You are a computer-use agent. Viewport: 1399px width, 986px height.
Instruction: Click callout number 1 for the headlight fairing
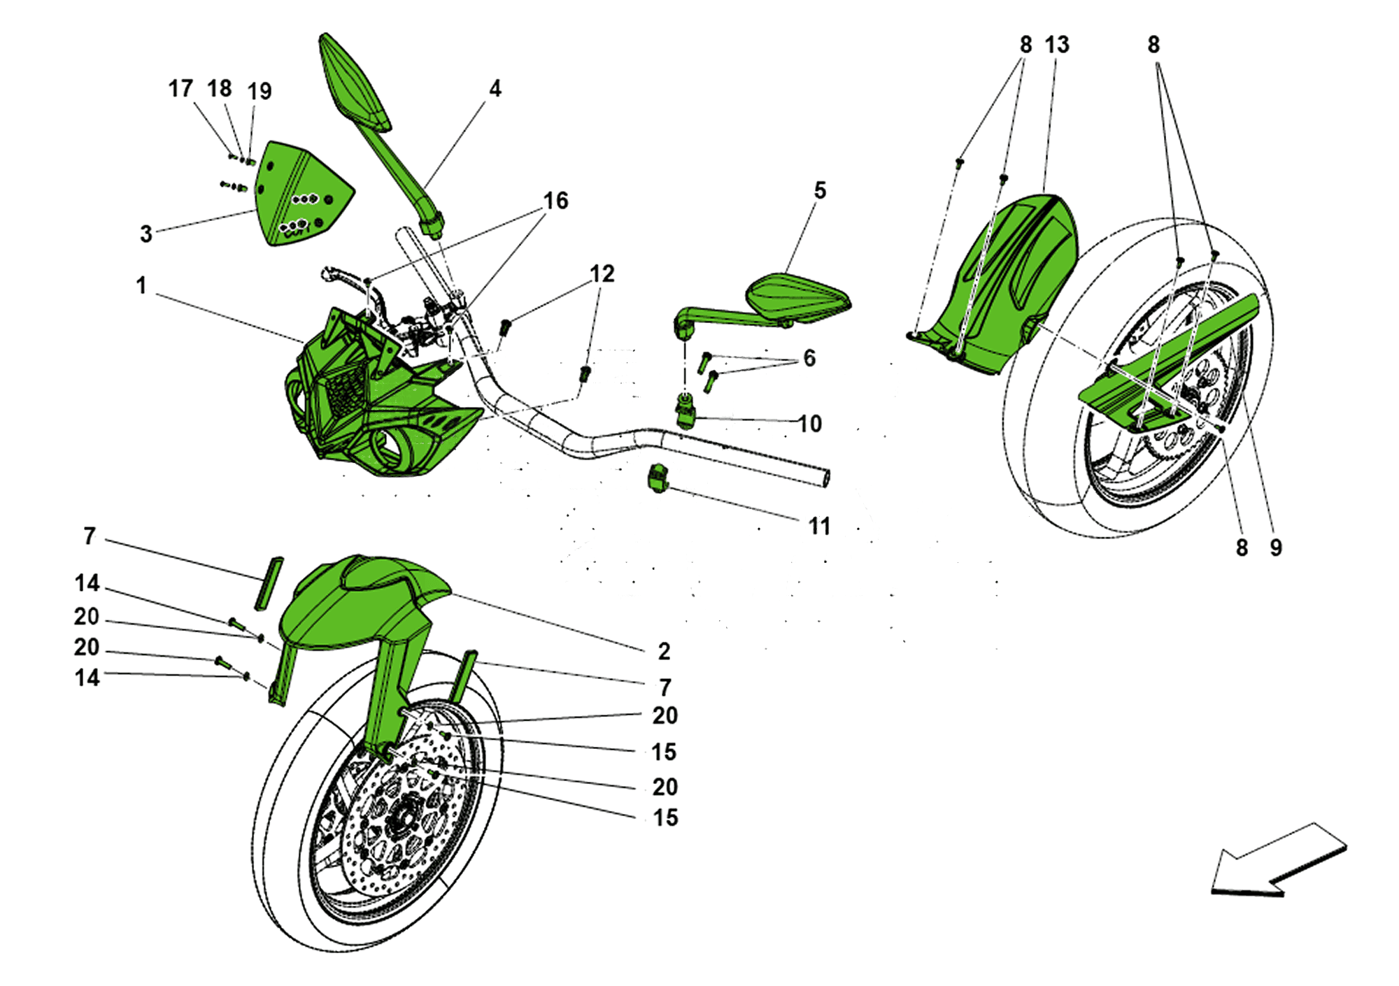tap(141, 285)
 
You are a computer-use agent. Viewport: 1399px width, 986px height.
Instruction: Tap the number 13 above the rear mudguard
tap(1056, 45)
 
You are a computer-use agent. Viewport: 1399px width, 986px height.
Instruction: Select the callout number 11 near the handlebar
tap(819, 526)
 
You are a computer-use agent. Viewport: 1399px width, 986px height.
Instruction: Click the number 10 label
tap(809, 423)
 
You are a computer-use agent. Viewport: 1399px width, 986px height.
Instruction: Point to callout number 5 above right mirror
tap(820, 190)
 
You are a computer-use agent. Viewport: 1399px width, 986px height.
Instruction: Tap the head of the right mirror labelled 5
tap(797, 297)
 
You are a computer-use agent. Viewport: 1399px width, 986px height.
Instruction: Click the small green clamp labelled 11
tap(658, 478)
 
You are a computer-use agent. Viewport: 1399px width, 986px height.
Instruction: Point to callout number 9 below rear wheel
tap(1276, 548)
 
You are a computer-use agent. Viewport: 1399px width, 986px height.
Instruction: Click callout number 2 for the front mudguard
tap(664, 651)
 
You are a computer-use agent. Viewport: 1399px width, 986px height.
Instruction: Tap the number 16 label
tap(555, 201)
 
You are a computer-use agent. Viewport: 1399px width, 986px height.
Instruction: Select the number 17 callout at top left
tap(180, 89)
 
